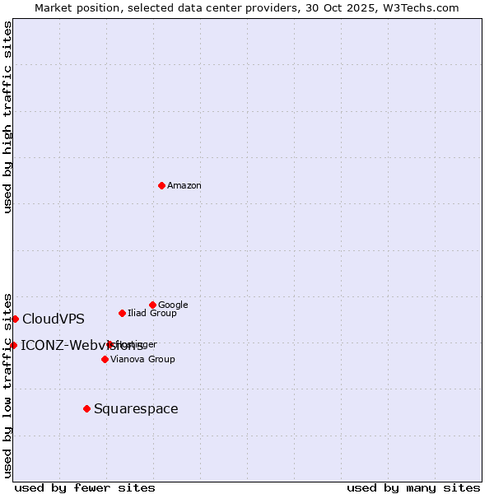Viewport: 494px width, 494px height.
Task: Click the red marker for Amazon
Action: (x=161, y=185)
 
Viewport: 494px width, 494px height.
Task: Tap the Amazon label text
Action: (x=184, y=186)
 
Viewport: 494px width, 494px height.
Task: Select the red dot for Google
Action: (x=152, y=305)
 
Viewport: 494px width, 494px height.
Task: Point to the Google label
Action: (x=173, y=305)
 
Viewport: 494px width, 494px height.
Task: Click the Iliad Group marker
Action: (x=122, y=313)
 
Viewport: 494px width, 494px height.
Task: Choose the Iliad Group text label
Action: (x=151, y=314)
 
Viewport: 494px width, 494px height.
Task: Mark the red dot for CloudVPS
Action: (x=15, y=319)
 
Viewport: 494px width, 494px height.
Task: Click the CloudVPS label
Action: (x=54, y=319)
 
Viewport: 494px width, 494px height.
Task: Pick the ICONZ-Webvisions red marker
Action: (x=13, y=345)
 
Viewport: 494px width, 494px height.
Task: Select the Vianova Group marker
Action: (x=105, y=359)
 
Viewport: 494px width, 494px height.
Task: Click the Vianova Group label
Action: (x=142, y=360)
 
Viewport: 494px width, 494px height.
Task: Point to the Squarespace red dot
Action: (x=86, y=408)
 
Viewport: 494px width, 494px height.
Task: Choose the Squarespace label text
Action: (x=136, y=409)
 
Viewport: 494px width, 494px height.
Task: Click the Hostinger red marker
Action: (x=110, y=344)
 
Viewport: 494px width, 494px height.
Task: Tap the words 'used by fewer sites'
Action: (x=85, y=487)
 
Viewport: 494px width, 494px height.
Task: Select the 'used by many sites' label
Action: (x=413, y=487)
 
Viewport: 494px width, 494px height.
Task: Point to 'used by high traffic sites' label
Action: (x=8, y=117)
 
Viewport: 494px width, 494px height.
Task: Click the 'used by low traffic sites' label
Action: (x=8, y=385)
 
